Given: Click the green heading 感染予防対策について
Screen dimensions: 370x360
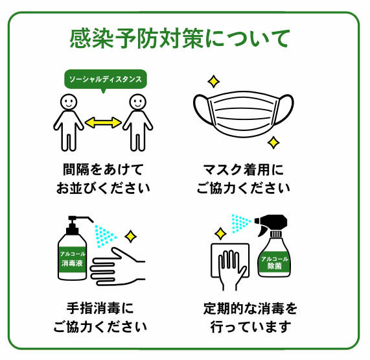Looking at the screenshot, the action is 179,38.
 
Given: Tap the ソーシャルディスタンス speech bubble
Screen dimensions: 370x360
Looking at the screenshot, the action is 106,79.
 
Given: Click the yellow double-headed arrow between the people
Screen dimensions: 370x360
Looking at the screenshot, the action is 103,123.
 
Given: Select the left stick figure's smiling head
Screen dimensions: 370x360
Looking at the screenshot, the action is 69,102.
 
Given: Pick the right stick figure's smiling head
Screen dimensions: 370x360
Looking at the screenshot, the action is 138,102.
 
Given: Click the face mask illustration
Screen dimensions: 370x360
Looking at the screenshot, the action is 243,114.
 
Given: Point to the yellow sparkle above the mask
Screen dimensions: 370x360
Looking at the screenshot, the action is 214,82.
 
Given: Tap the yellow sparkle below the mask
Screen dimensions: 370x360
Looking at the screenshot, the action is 273,143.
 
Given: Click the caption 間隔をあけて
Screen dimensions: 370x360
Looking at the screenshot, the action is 104,169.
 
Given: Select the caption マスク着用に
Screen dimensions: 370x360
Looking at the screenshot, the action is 243,169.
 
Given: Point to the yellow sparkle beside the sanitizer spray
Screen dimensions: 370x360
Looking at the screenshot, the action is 130,236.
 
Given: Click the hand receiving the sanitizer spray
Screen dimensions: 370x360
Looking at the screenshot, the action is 117,267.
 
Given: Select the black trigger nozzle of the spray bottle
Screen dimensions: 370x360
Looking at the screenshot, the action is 272,224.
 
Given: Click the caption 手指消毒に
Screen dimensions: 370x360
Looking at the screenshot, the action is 100,308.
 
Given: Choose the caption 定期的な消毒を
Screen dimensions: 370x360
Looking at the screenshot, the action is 250,308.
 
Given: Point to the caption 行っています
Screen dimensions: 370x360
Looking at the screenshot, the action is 251,327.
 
